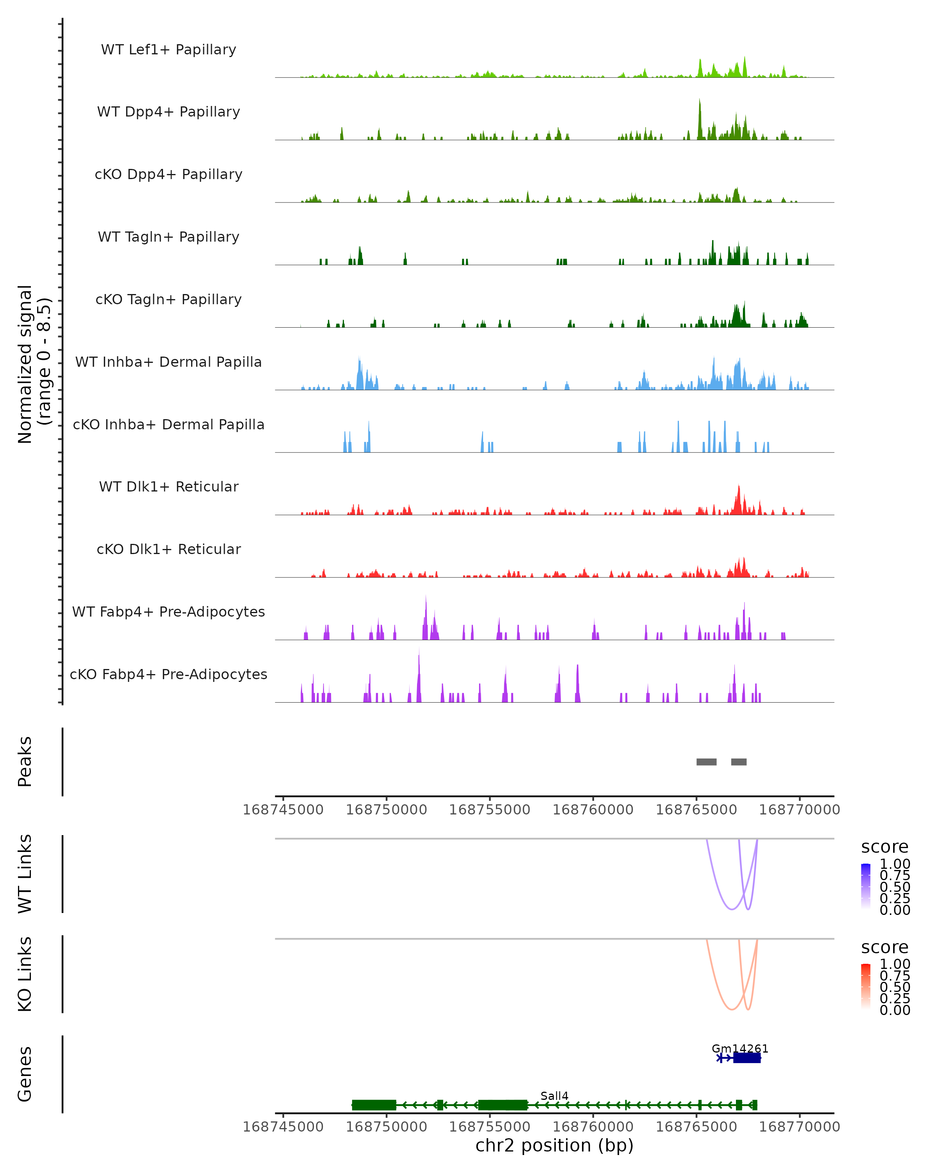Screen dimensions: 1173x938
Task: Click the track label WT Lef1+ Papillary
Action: pos(168,50)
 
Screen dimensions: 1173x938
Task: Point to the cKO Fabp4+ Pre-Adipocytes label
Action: pos(168,674)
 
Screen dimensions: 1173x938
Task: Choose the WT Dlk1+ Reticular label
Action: pos(168,486)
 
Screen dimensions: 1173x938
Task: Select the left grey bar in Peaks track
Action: pos(706,762)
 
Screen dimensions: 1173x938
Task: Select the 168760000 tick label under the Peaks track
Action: pos(593,810)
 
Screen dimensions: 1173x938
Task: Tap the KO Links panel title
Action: pos(25,974)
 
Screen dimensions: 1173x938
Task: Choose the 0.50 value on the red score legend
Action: pos(895,987)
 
